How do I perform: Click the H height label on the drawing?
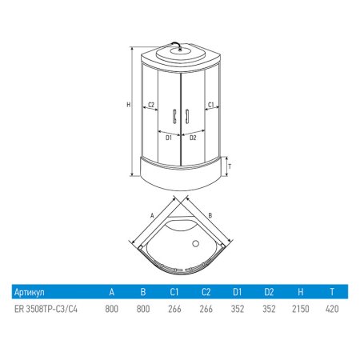pyautogui.click(x=129, y=105)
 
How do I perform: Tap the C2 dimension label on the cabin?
pyautogui.click(x=151, y=105)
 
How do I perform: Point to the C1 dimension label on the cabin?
pyautogui.click(x=211, y=105)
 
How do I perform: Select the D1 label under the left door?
pyautogui.click(x=169, y=138)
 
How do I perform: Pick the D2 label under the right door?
pyautogui.click(x=193, y=138)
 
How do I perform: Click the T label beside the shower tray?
pyautogui.click(x=230, y=166)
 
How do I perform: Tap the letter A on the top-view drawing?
pyautogui.click(x=152, y=215)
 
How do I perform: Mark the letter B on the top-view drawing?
pyautogui.click(x=210, y=215)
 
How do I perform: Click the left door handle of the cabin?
pyautogui.click(x=174, y=116)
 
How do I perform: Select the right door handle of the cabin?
pyautogui.click(x=187, y=116)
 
